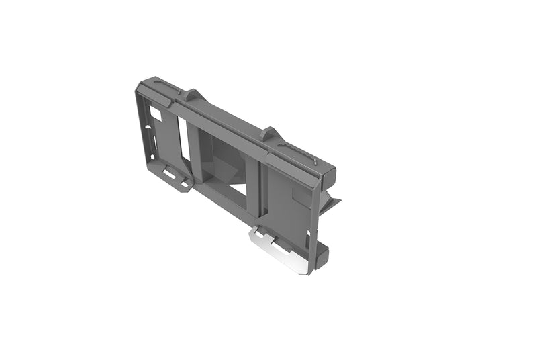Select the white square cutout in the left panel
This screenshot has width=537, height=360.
point(155,116)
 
